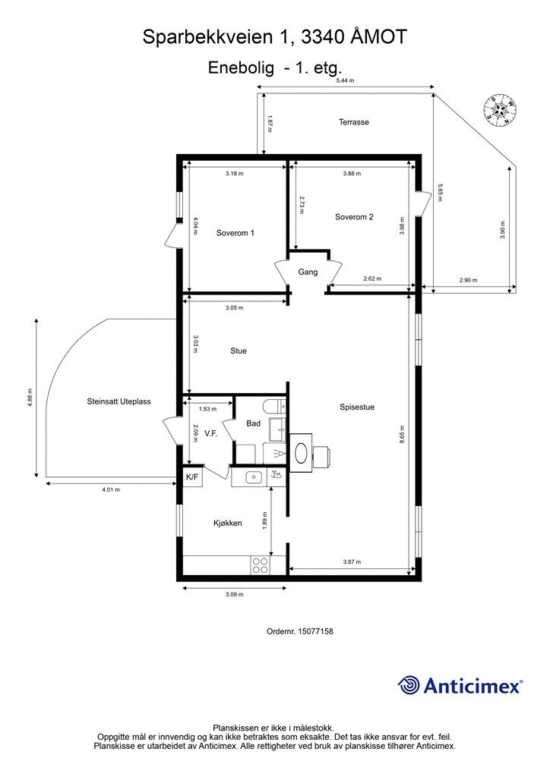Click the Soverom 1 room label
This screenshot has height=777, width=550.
[x=235, y=233]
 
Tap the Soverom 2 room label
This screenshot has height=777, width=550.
[x=354, y=217]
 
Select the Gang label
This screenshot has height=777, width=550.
[x=308, y=272]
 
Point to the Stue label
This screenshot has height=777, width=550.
[x=239, y=351]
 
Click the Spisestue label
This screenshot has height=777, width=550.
[x=357, y=407]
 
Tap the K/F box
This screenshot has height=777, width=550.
[x=192, y=477]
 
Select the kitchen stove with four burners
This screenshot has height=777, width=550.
[x=259, y=565]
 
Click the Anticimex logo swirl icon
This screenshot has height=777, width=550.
[x=409, y=685]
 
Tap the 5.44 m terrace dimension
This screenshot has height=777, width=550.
[x=345, y=80]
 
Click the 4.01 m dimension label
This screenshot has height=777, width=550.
[x=111, y=489]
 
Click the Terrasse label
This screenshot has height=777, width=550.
[x=354, y=121]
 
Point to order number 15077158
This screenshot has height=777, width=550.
[x=301, y=631]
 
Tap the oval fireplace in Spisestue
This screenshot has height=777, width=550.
[x=302, y=454]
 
